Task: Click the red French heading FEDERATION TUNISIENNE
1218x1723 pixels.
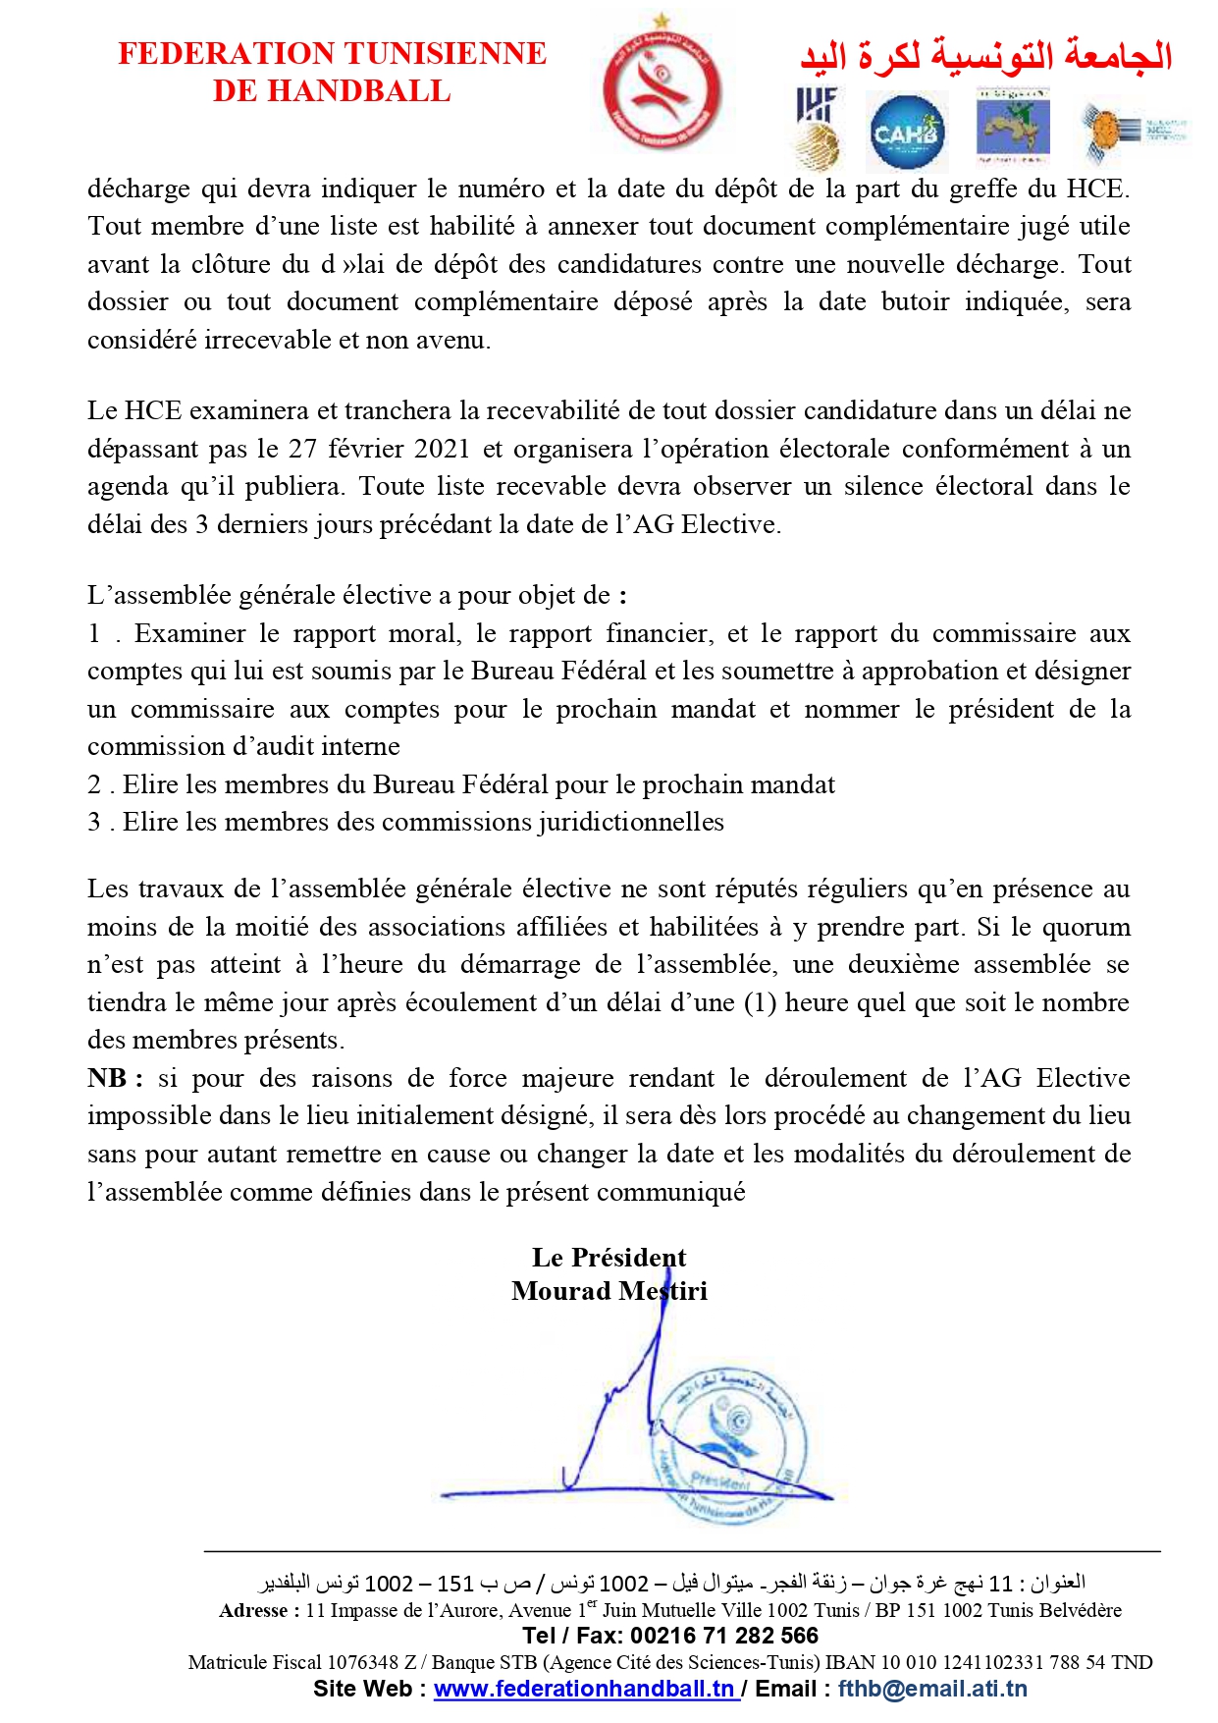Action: click(332, 53)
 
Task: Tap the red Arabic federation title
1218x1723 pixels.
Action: click(985, 56)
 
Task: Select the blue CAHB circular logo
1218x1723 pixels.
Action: click(907, 132)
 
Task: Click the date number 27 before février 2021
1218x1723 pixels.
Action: click(302, 449)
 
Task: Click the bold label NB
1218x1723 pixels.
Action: click(107, 1078)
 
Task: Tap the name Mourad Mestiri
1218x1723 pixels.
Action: click(609, 1291)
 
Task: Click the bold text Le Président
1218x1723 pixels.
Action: click(609, 1258)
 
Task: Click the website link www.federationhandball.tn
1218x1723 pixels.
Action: click(585, 1689)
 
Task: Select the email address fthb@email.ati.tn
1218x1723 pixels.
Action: click(932, 1689)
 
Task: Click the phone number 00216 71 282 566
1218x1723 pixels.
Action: click(724, 1636)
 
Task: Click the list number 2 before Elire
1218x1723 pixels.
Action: click(94, 784)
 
